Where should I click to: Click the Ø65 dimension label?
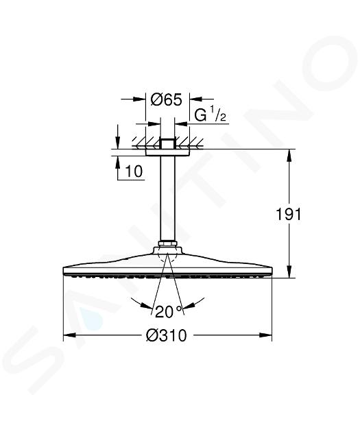(167, 99)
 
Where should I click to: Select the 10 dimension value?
(134, 171)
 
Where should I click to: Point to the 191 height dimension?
(289, 214)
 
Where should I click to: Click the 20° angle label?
(169, 311)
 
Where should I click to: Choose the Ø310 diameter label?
(167, 335)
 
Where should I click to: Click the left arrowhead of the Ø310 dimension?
(70, 335)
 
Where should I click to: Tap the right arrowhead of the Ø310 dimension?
(266, 335)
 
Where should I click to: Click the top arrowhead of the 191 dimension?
(289, 155)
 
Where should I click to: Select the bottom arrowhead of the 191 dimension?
(289, 272)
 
